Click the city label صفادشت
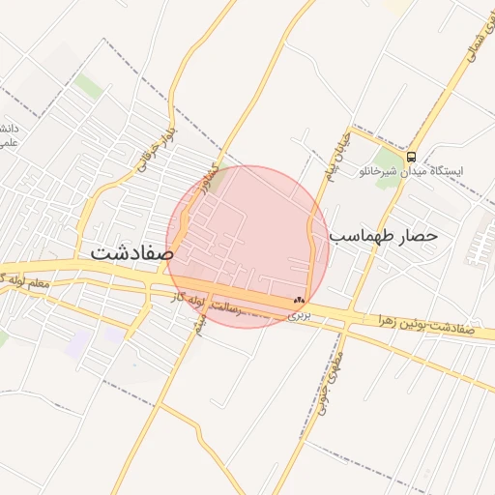132,251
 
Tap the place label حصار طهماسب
384,235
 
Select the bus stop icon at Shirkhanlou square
411,156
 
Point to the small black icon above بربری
298,301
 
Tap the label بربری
302,314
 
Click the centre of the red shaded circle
247,247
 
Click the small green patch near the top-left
88,87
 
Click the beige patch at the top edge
393,5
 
